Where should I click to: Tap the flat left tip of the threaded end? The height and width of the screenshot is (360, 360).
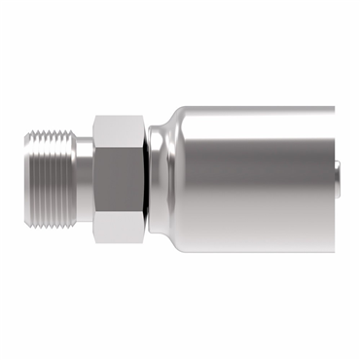pos(26,180)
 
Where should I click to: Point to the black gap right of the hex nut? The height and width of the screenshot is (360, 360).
pos(147,180)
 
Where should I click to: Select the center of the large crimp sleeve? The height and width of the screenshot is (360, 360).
pos(253,180)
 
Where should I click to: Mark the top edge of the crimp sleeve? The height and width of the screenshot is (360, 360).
pos(253,108)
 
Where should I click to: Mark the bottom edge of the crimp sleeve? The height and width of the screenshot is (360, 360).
pos(253,251)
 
